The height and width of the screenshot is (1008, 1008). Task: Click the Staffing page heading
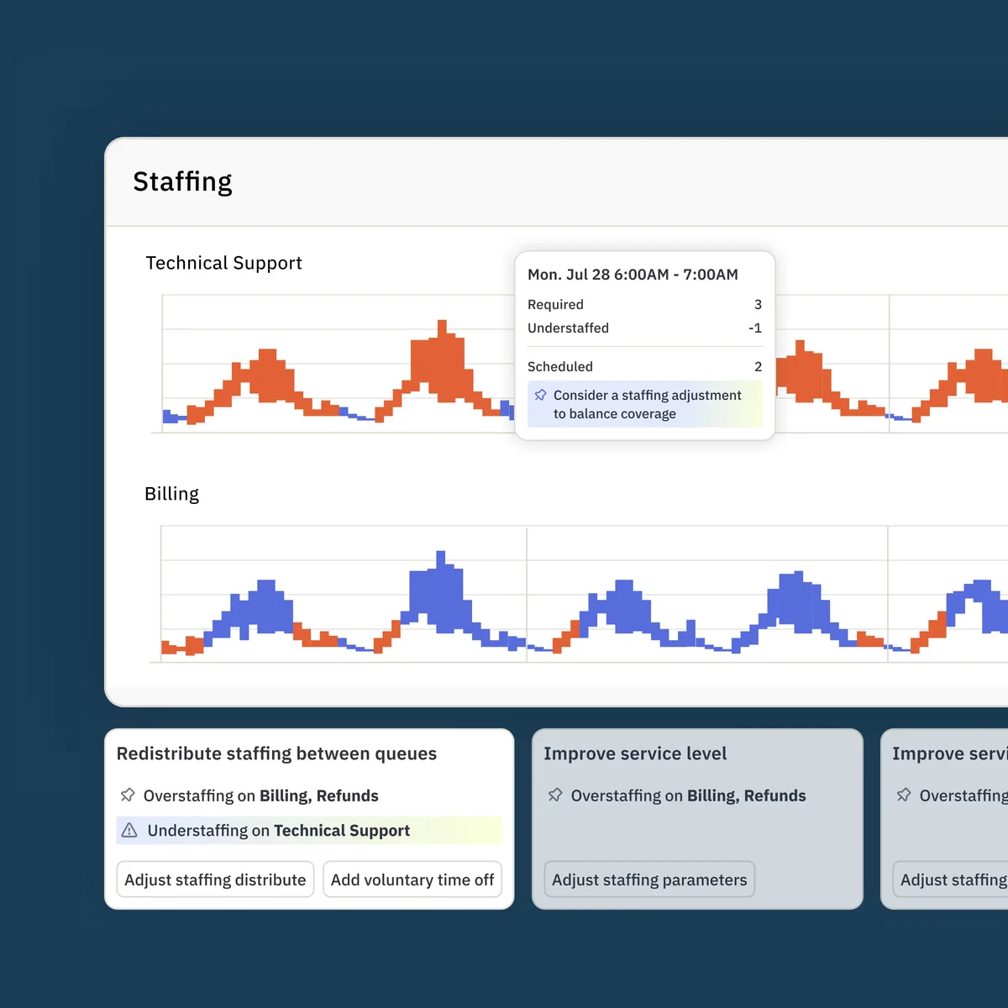pos(182,181)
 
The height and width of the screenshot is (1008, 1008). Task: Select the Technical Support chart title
pos(223,263)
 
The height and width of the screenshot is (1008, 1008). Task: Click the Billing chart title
pos(171,494)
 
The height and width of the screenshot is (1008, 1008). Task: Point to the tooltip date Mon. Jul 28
pos(568,275)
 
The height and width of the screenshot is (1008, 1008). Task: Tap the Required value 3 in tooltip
pos(758,304)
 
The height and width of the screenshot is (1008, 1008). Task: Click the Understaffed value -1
pos(754,328)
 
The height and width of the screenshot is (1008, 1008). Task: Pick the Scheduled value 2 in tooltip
pos(758,367)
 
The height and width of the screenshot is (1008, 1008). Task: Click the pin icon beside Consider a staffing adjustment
pos(540,395)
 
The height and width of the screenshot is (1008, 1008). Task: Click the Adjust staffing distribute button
pos(215,879)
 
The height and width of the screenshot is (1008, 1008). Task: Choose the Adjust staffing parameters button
pos(649,879)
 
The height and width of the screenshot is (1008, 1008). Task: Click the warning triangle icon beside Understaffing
pos(129,831)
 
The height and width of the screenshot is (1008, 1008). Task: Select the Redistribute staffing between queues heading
pos(276,753)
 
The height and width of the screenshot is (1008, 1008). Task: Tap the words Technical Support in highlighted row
pos(342,831)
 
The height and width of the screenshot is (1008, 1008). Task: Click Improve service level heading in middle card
pos(635,753)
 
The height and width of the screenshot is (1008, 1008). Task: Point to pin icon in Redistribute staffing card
pos(128,795)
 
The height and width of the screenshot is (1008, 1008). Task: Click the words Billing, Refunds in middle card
pos(747,795)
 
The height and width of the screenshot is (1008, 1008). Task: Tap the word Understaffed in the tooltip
pos(568,328)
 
